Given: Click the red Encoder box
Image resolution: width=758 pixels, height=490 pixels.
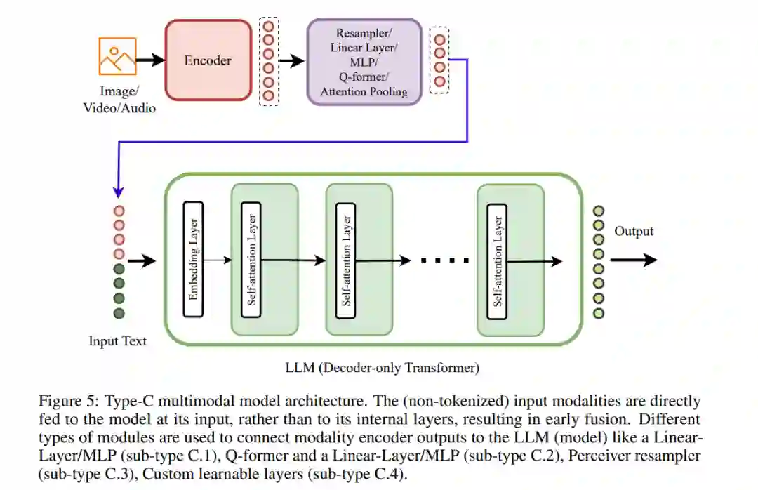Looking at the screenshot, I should click(x=208, y=60).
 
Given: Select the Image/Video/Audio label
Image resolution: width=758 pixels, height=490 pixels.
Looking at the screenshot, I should click(x=119, y=100).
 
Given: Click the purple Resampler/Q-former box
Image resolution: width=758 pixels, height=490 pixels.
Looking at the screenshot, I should click(x=364, y=62).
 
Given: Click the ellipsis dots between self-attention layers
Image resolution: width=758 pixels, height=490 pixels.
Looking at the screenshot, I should click(x=444, y=260).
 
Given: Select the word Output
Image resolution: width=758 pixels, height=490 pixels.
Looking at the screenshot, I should click(x=634, y=232).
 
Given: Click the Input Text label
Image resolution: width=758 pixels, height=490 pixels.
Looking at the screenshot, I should click(x=118, y=341).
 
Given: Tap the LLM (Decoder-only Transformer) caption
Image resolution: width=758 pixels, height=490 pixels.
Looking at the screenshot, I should click(x=382, y=367).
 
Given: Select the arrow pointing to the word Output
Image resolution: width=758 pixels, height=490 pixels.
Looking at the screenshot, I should click(x=633, y=260).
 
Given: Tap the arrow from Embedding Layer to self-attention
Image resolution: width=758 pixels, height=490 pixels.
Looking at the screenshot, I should click(x=217, y=260).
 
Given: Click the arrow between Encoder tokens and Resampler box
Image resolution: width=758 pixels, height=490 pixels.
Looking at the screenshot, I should click(x=291, y=61).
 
